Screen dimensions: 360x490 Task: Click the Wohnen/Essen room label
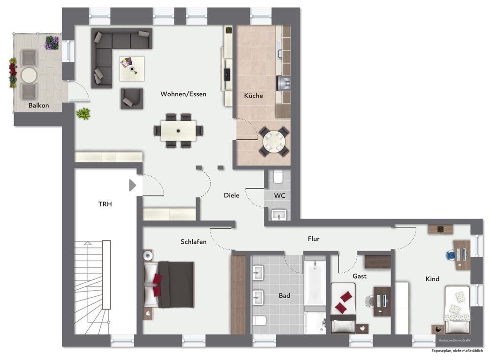pyautogui.click(x=183, y=94)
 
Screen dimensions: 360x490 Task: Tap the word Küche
pyautogui.click(x=253, y=96)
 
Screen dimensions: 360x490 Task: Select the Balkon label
pyautogui.click(x=38, y=105)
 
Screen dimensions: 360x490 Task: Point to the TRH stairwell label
pyautogui.click(x=105, y=204)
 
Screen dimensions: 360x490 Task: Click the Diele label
pyautogui.click(x=232, y=195)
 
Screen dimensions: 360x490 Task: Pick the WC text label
pyautogui.click(x=279, y=195)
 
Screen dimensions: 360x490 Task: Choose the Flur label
pyautogui.click(x=314, y=239)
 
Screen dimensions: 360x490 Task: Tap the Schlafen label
pyautogui.click(x=194, y=242)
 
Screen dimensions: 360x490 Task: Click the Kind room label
pyautogui.click(x=432, y=279)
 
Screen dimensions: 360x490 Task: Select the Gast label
pyautogui.click(x=360, y=276)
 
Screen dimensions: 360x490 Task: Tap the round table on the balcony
pyautogui.click(x=29, y=75)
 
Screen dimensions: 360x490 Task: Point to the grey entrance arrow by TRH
pyautogui.click(x=132, y=186)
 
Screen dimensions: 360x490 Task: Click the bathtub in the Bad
pyautogui.click(x=314, y=281)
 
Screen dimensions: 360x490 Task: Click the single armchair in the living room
pyautogui.click(x=131, y=98)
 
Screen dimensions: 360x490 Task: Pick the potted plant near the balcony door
pyautogui.click(x=83, y=113)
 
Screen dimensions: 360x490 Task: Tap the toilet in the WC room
pyautogui.click(x=278, y=177)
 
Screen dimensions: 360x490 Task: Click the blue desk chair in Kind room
pyautogui.click(x=451, y=255)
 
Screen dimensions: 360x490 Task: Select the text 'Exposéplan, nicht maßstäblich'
pyautogui.click(x=460, y=351)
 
